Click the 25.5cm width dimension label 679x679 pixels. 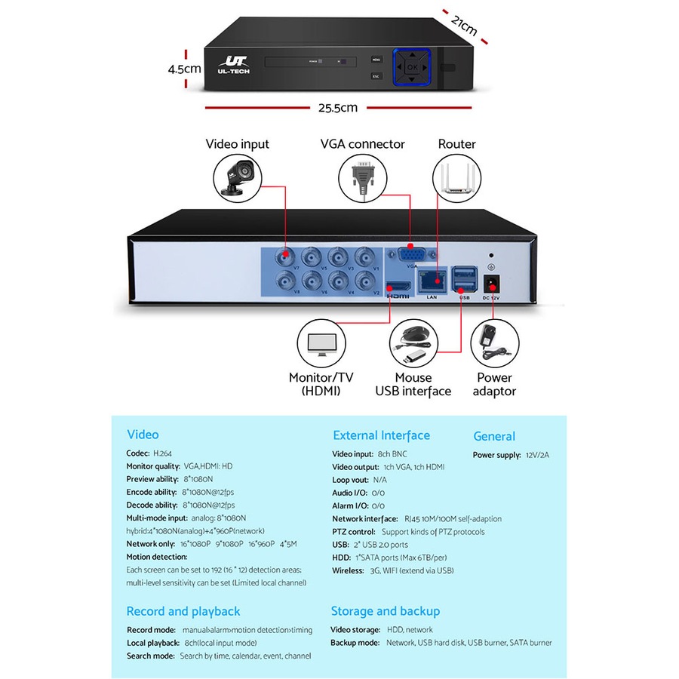pos(337,107)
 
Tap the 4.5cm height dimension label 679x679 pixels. pos(184,69)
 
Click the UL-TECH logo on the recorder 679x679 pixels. pos(234,66)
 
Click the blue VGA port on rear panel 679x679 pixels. pos(410,255)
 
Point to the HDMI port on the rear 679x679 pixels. pos(398,287)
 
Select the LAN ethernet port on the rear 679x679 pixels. pos(432,281)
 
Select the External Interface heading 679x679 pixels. pos(381,435)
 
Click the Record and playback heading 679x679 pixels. pos(183,611)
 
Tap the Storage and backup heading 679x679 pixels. pos(385,611)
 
